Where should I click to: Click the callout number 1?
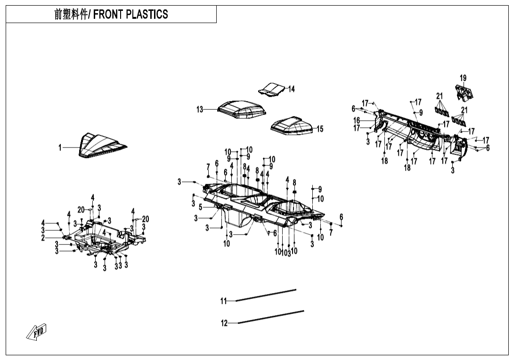(x=60, y=147)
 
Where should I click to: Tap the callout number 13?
(x=200, y=109)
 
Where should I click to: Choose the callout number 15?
(x=320, y=129)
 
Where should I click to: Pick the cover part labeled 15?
(x=292, y=125)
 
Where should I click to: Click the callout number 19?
(x=463, y=78)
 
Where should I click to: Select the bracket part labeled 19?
(x=465, y=92)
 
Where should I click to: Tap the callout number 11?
(x=224, y=301)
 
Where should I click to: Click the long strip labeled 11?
(x=266, y=295)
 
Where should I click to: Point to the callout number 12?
(x=224, y=323)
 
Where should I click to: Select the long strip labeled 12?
(x=271, y=317)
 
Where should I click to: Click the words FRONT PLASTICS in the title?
(x=130, y=15)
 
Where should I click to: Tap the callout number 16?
(x=357, y=121)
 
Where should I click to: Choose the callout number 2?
(x=43, y=238)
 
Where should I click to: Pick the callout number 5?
(x=200, y=207)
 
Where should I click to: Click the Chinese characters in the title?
(x=71, y=15)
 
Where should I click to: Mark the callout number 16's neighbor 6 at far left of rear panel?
(x=353, y=109)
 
